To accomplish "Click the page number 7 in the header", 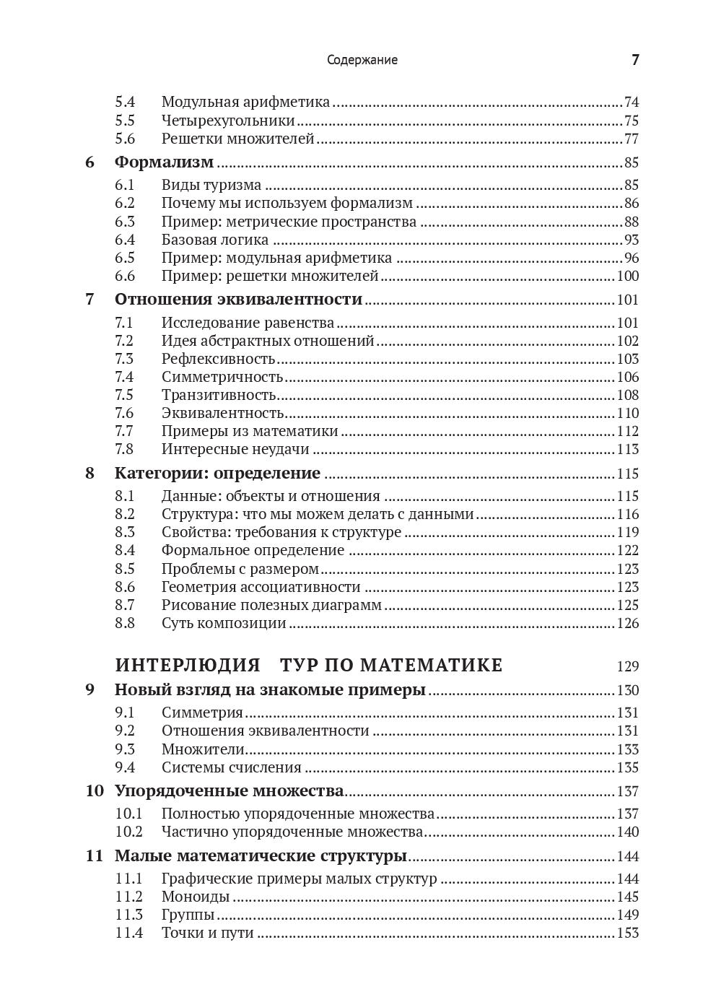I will point(635,60).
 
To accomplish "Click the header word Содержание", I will point(362,60).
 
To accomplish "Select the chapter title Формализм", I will point(164,162).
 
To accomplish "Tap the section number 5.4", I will point(125,102).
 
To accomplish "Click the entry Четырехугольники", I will point(228,121).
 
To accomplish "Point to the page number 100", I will point(628,276).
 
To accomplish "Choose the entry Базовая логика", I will point(215,240).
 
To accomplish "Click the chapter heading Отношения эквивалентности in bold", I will point(238,299).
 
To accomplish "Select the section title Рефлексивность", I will point(219,359).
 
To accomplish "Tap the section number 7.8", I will point(125,449).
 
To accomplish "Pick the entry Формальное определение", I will point(253,550).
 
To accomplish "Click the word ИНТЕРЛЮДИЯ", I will point(188,665).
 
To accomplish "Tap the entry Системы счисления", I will point(232,767).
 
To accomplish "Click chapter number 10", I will point(95,790).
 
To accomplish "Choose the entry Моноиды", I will point(196,897).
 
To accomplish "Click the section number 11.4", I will point(128,933).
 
